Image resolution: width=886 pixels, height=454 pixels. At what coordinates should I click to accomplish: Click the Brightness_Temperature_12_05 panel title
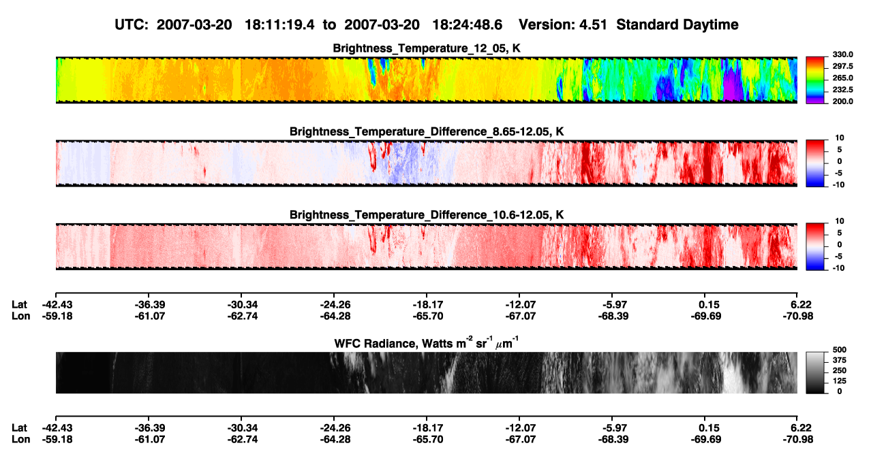[427, 48]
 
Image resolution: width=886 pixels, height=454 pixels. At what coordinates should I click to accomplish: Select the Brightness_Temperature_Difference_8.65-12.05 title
[427, 131]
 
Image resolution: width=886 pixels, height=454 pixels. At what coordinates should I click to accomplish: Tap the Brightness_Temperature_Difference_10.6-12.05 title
[427, 215]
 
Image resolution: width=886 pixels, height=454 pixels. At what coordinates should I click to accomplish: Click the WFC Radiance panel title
[427, 343]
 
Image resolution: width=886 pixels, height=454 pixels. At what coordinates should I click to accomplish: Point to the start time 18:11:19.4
[279, 25]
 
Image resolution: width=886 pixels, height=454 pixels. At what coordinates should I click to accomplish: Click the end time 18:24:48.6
[468, 25]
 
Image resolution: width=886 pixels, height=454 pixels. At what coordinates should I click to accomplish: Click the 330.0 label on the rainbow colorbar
[842, 54]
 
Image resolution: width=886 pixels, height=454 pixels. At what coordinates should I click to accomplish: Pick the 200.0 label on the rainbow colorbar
[842, 101]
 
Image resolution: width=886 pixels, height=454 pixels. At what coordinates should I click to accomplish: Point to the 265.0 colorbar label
[842, 78]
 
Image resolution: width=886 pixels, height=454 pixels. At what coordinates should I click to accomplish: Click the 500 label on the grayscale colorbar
[840, 350]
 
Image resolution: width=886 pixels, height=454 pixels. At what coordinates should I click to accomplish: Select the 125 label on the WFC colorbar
[840, 381]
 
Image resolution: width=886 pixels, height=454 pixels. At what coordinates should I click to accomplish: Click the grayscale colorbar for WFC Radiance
[815, 372]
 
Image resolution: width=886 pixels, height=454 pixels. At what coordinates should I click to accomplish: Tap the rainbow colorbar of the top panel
[815, 80]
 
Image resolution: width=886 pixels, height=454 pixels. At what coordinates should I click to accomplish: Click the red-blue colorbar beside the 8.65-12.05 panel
[815, 163]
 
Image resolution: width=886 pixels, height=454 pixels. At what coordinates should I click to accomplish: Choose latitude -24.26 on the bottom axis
[335, 428]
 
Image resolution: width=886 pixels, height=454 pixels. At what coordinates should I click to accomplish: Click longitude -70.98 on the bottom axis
[798, 440]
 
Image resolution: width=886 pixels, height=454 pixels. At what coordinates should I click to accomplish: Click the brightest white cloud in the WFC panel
[733, 374]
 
